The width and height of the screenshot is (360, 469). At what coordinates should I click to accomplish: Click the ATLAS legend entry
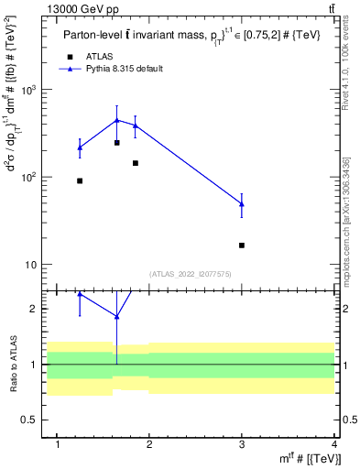100,56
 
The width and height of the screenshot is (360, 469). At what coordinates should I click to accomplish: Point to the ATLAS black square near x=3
242,245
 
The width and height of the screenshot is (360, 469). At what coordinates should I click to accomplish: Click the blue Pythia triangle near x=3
242,203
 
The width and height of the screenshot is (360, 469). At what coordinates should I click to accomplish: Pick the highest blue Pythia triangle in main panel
116,120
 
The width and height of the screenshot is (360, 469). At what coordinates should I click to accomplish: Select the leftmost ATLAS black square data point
80,180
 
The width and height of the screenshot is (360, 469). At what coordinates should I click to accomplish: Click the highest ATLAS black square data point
116,143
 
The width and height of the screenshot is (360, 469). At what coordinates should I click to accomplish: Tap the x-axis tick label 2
150,444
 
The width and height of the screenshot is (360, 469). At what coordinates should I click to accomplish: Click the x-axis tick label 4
333,444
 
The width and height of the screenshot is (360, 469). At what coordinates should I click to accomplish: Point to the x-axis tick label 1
59,444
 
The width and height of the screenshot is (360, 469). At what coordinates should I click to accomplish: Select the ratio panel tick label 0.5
36,420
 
